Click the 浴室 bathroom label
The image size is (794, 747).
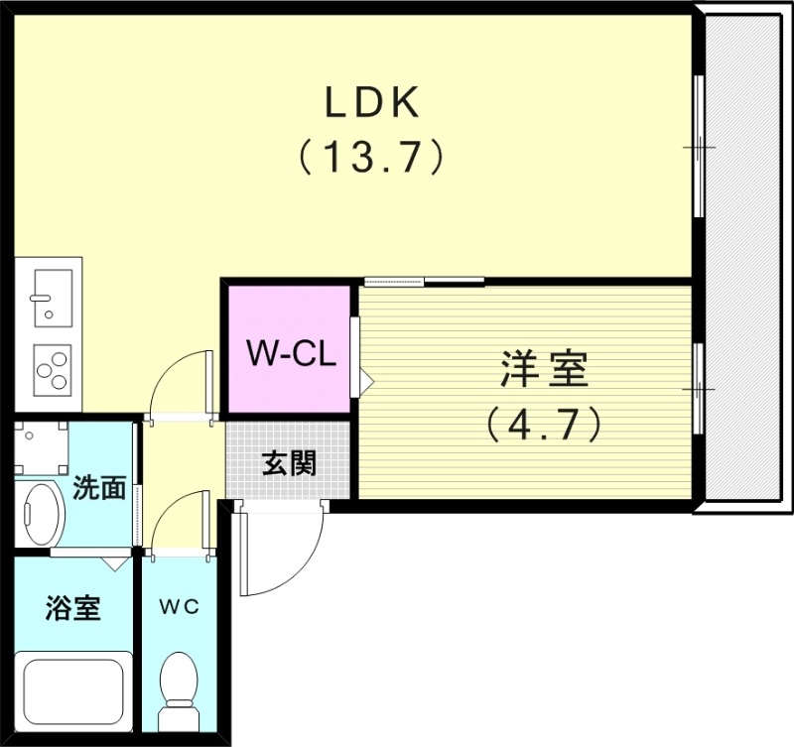(x=72, y=607)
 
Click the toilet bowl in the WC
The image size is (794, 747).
(x=180, y=683)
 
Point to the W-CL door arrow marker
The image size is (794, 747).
(x=364, y=379)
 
